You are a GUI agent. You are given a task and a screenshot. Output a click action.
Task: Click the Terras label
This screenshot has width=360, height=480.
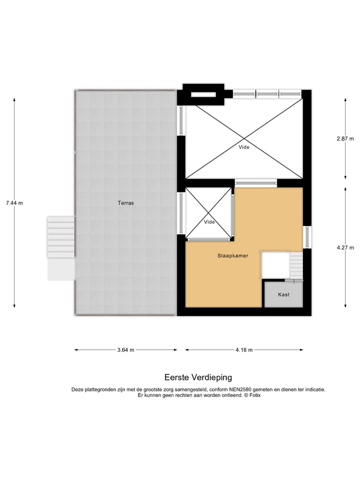pyautogui.click(x=125, y=203)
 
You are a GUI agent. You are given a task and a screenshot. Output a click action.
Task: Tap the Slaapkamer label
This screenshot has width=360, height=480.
pyautogui.click(x=233, y=255)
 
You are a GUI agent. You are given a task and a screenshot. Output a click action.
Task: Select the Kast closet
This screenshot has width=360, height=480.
pyautogui.click(x=283, y=294)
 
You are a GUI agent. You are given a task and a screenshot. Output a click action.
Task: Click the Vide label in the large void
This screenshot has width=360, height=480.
pyautogui.click(x=244, y=147)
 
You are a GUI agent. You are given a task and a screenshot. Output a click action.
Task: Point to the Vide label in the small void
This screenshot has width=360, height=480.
pyautogui.click(x=209, y=221)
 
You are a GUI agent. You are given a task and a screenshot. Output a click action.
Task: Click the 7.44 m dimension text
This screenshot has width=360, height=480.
pyautogui.click(x=14, y=203)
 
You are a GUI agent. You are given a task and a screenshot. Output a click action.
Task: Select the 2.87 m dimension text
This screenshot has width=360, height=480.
pyautogui.click(x=345, y=138)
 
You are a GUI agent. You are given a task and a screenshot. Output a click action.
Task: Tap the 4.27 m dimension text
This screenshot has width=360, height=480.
pyautogui.click(x=345, y=247)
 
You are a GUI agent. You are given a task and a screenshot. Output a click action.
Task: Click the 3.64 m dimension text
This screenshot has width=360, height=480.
pyautogui.click(x=125, y=350)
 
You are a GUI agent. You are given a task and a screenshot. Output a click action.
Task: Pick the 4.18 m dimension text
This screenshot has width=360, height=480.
pyautogui.click(x=244, y=350)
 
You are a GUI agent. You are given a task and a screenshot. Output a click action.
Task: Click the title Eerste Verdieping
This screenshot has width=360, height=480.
pyautogui.click(x=198, y=377)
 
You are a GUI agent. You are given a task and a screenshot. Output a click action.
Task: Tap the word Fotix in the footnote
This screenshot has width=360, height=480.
pyautogui.click(x=254, y=395)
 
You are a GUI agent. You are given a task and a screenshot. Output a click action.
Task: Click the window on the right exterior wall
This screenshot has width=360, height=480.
pyautogui.click(x=308, y=237)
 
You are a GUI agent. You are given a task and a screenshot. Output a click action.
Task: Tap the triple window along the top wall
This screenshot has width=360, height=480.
pyautogui.click(x=267, y=93)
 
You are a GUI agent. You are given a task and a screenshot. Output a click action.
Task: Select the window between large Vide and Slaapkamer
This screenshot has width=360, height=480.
pyautogui.click(x=256, y=183)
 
